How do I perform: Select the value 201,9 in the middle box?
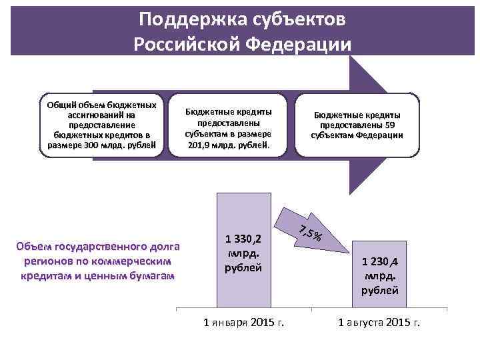coord(201,143)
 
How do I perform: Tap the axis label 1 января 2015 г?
coord(243,323)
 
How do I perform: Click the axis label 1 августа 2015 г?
coord(379,323)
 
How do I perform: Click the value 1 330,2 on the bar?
coord(243,238)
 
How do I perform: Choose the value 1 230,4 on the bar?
coord(380,261)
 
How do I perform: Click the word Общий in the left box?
coord(61,105)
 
